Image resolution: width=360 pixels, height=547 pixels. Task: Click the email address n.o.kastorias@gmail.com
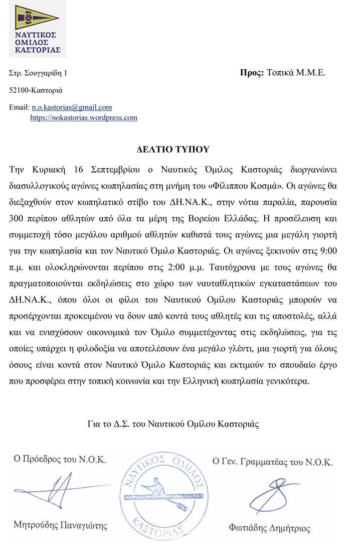pyautogui.click(x=72, y=107)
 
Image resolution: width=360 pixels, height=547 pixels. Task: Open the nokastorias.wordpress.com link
pyautogui.click(x=84, y=118)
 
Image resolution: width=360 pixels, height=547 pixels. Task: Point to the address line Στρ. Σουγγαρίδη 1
pyautogui.click(x=38, y=73)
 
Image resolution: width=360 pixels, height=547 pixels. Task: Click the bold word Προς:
pyautogui.click(x=252, y=73)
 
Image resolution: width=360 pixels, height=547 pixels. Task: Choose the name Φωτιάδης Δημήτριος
pyautogui.click(x=269, y=528)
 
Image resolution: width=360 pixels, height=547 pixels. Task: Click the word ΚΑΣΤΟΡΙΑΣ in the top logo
pyautogui.click(x=38, y=50)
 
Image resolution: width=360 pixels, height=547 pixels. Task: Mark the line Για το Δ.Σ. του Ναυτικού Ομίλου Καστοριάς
pyautogui.click(x=173, y=424)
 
